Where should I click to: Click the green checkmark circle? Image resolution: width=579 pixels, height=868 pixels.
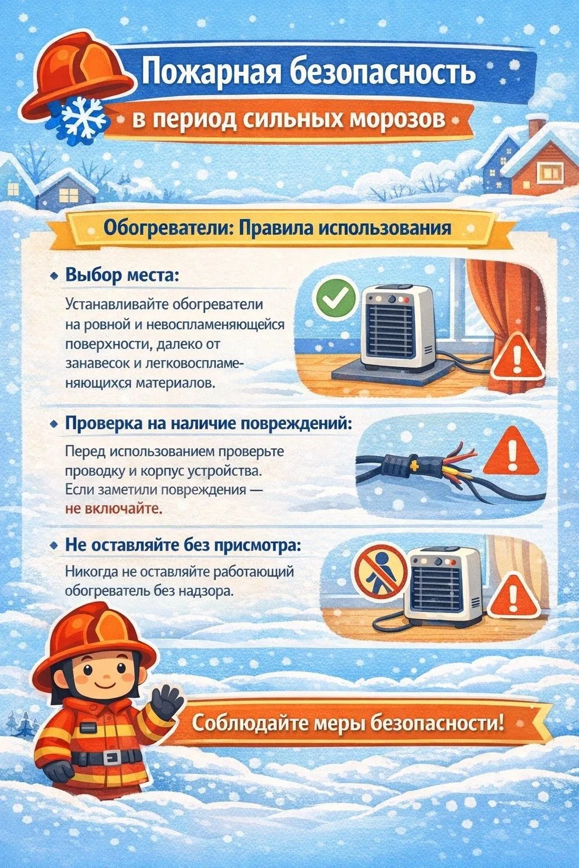(x=336, y=300)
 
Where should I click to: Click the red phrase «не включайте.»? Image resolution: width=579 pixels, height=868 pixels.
(x=114, y=509)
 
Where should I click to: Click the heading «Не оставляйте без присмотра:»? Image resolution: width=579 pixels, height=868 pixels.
(x=183, y=546)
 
